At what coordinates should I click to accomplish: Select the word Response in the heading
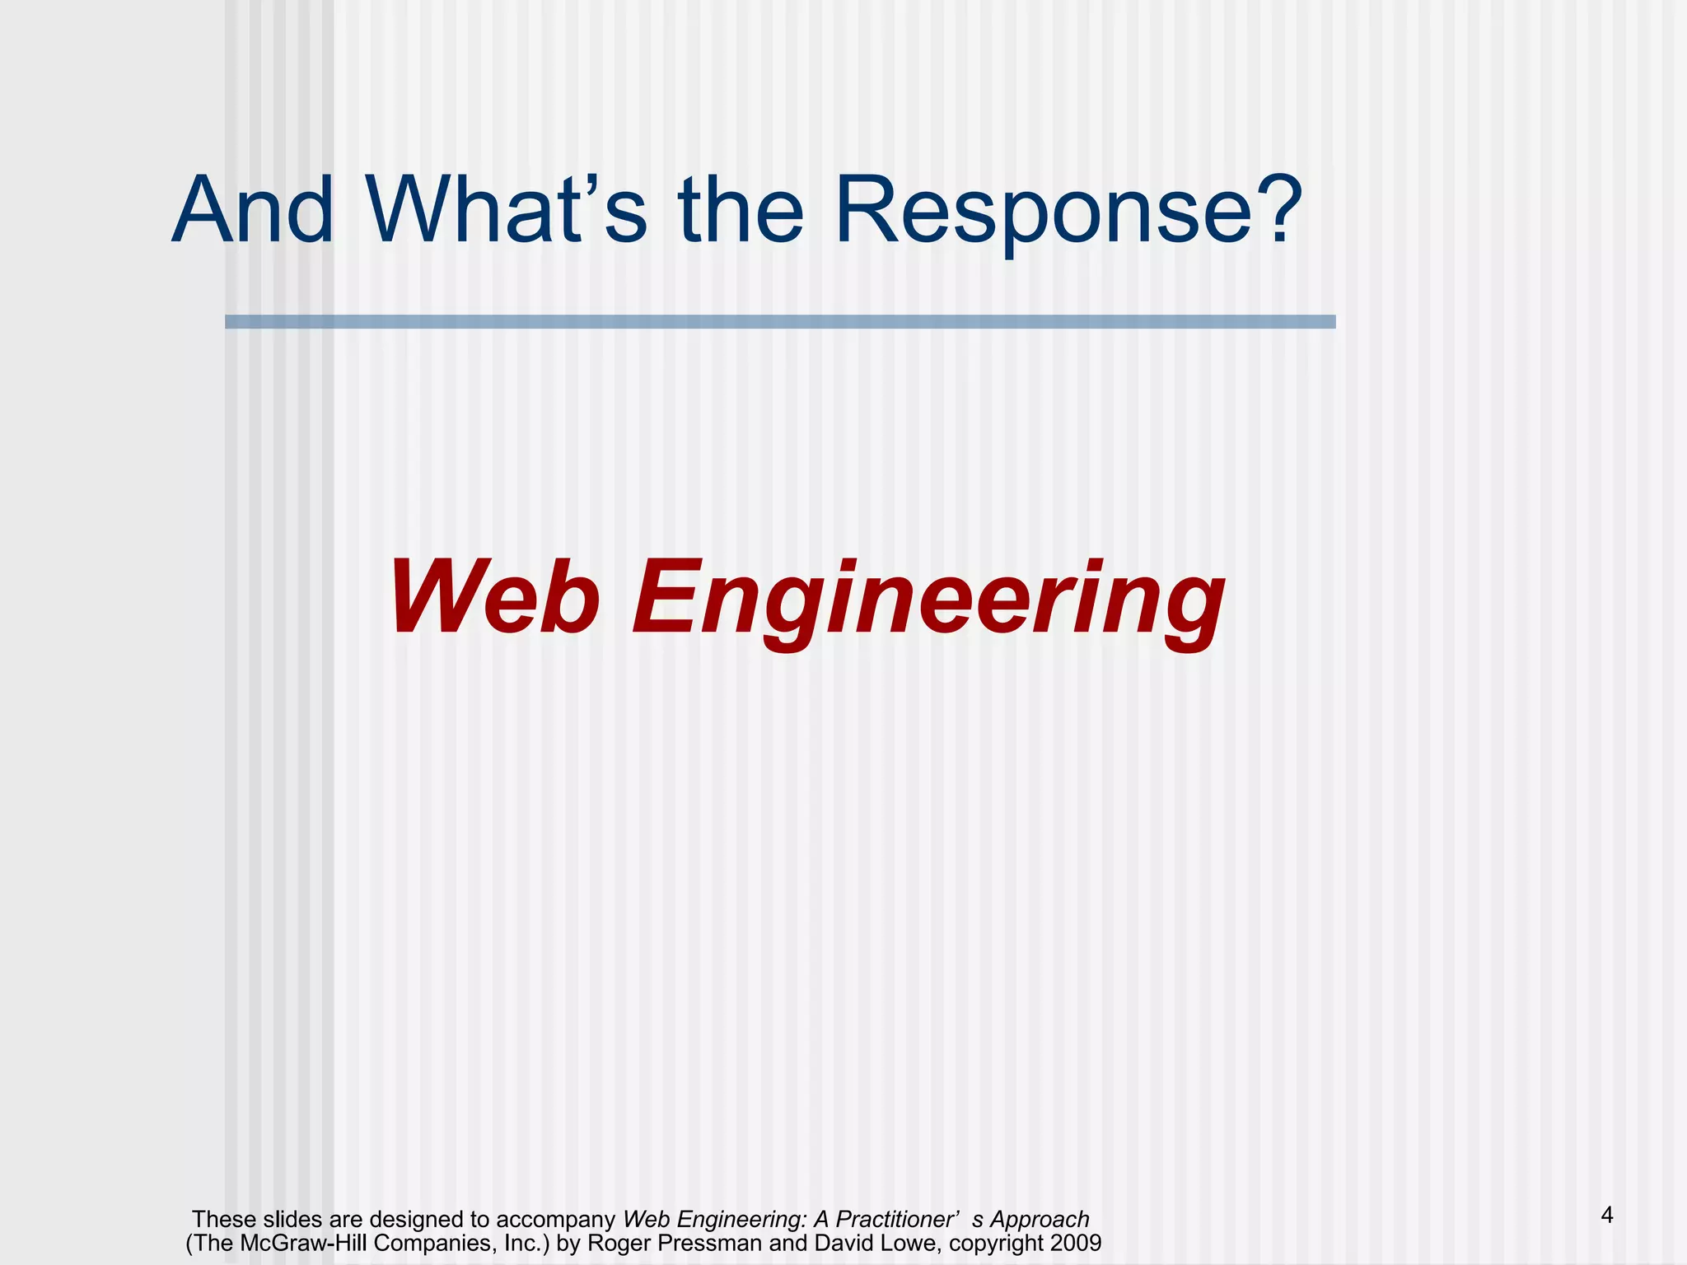(x=1043, y=212)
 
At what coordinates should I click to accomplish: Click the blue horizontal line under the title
(x=779, y=322)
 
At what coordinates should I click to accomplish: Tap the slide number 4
(x=1606, y=1215)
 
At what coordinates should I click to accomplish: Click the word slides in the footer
(x=292, y=1219)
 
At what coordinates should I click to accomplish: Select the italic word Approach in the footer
(x=1040, y=1220)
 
